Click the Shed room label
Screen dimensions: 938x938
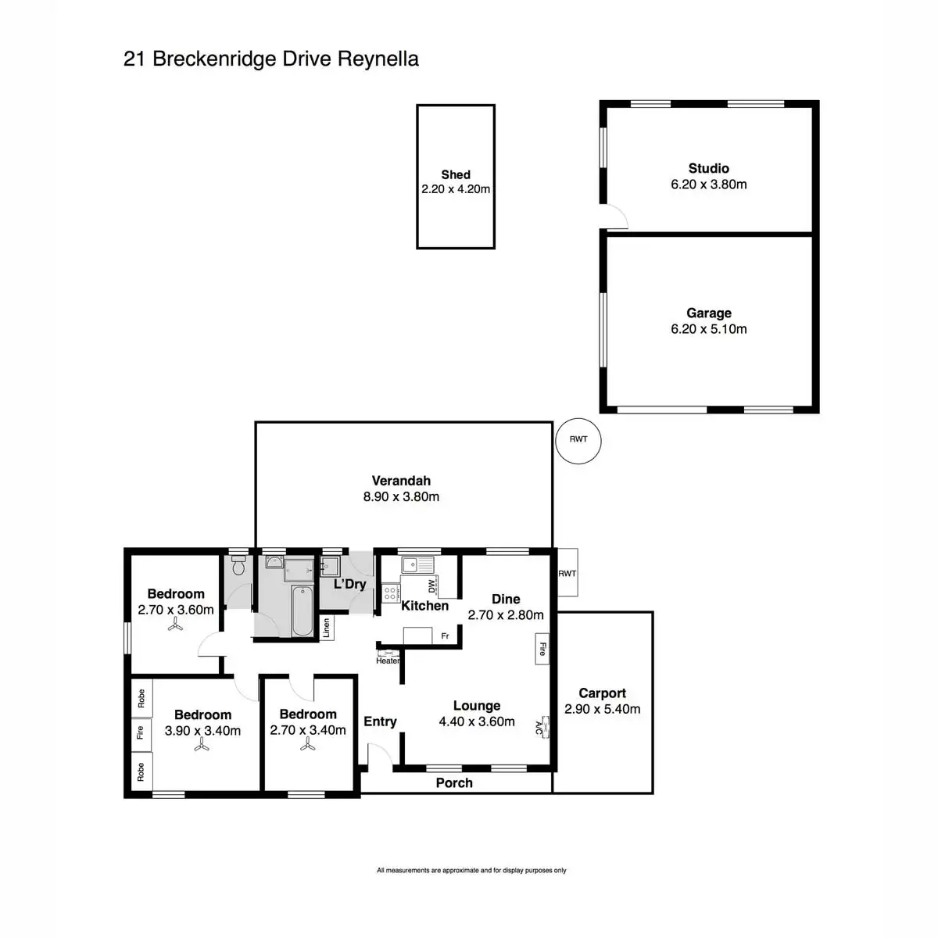[456, 175]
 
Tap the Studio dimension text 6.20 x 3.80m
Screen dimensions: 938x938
[708, 184]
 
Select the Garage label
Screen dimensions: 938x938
[709, 313]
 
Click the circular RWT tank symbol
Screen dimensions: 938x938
[578, 440]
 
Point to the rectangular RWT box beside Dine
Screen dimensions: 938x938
[567, 573]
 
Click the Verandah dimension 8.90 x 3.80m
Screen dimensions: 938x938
[401, 496]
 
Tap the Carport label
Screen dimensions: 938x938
[602, 693]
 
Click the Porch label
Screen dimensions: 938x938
[454, 782]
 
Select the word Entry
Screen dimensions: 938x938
[380, 721]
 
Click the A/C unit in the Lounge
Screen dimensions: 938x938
[542, 729]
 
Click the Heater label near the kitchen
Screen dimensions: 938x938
[388, 661]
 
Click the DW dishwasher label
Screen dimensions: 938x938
[431, 586]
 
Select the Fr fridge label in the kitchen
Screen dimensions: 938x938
[445, 636]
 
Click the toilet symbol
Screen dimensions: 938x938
[239, 567]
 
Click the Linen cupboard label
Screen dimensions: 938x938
[326, 628]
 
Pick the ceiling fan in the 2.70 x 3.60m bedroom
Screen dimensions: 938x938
[175, 626]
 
